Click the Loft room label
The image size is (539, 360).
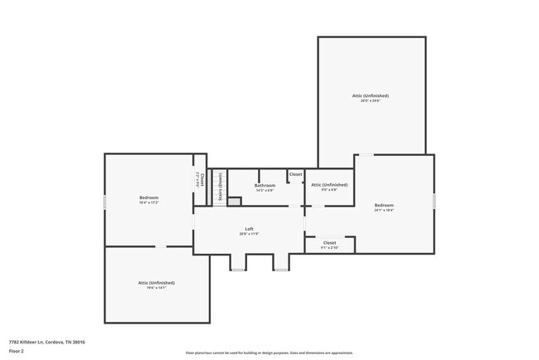(249, 229)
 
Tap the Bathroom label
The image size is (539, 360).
(265, 185)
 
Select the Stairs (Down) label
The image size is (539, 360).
(221, 187)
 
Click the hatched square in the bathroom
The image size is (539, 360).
(234, 201)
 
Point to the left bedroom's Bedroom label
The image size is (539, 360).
(148, 197)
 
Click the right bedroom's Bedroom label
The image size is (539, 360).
(383, 205)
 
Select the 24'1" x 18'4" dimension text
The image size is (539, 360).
(383, 210)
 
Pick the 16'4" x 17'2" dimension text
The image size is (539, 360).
(148, 202)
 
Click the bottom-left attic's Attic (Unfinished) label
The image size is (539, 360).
(156, 283)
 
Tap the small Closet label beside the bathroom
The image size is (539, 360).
(296, 174)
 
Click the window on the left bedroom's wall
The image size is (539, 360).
(104, 202)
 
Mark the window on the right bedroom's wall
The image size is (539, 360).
(434, 200)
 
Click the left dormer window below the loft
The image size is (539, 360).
(238, 270)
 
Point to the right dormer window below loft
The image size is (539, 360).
(281, 270)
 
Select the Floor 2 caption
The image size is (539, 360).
(17, 351)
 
